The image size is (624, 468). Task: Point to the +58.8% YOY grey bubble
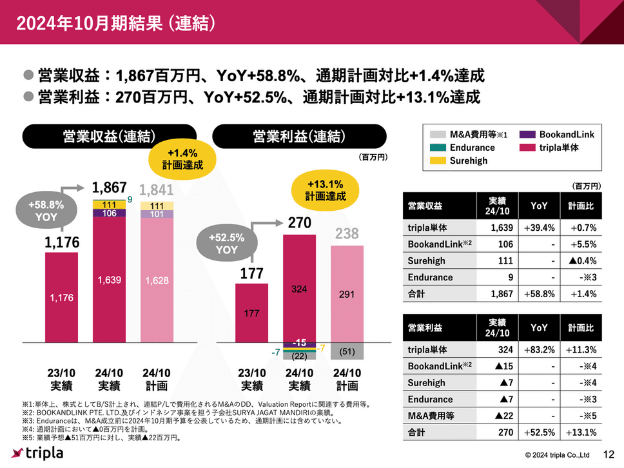pos(46,211)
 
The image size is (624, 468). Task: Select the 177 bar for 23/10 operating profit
pos(251,313)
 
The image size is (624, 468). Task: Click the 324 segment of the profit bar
pos(299,290)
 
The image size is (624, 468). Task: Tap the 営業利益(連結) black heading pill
pos(299,137)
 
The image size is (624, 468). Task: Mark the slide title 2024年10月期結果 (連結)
pos(116,23)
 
